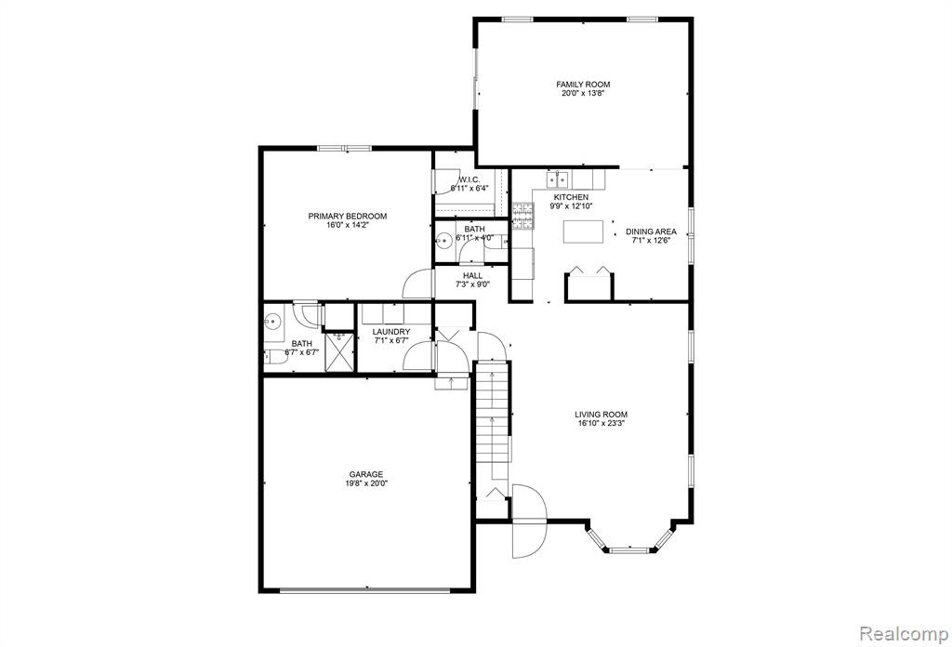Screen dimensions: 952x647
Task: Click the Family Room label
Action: pyautogui.click(x=583, y=85)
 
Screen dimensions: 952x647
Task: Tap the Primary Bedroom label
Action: pyautogui.click(x=348, y=216)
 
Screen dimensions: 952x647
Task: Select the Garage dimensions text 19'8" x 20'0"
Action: pyautogui.click(x=366, y=483)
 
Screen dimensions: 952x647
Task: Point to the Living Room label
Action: pyautogui.click(x=602, y=415)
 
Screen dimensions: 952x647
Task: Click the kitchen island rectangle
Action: pyautogui.click(x=583, y=231)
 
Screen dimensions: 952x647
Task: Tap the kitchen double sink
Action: pyautogui.click(x=557, y=179)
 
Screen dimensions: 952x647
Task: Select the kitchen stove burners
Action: pyautogui.click(x=522, y=217)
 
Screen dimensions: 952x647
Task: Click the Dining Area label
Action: pyautogui.click(x=651, y=231)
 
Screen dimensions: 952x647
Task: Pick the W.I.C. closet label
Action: pyautogui.click(x=469, y=179)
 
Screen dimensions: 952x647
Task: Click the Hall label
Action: pyautogui.click(x=473, y=275)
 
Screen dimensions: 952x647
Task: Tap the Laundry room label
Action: pyautogui.click(x=391, y=331)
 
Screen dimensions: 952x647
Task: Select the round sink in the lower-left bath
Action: pyautogui.click(x=272, y=320)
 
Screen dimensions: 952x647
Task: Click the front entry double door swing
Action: pyautogui.click(x=529, y=522)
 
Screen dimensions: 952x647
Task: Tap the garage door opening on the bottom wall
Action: pyautogui.click(x=364, y=590)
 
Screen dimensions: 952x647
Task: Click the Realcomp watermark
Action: pyautogui.click(x=904, y=634)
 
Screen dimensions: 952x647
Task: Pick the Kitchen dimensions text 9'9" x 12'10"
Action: pyautogui.click(x=571, y=205)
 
